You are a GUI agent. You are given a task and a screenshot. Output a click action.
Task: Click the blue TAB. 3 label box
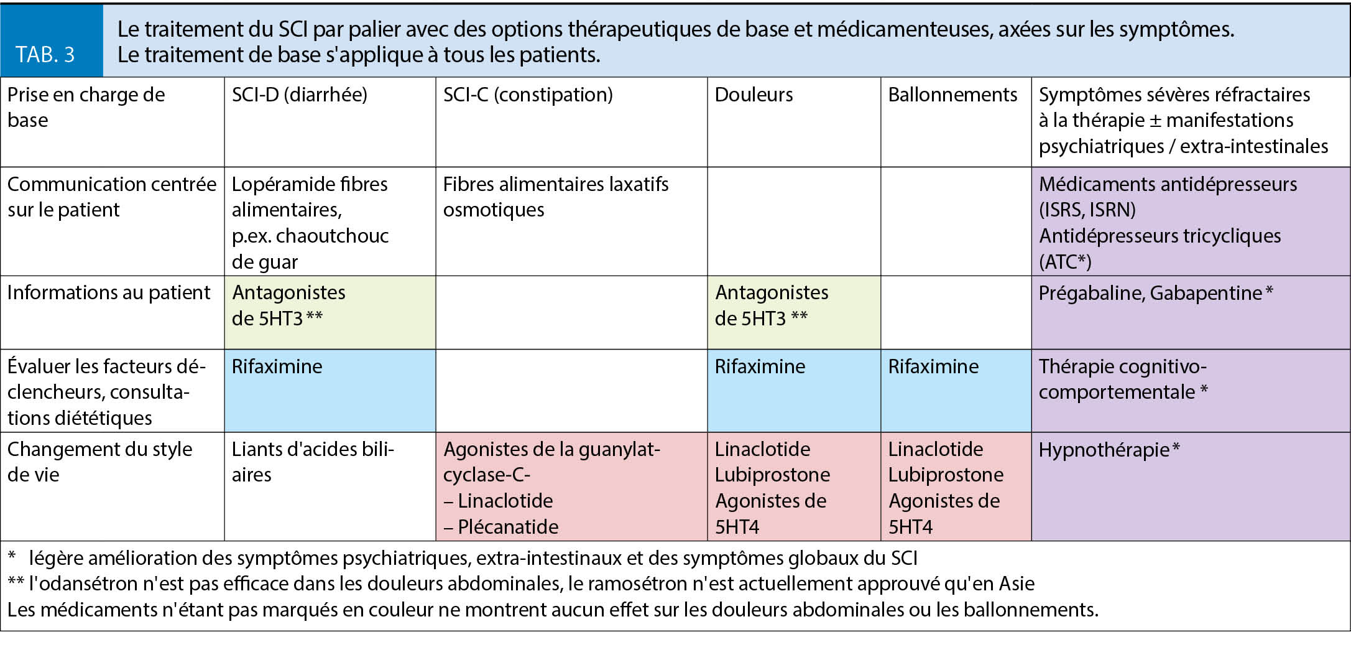(x=51, y=41)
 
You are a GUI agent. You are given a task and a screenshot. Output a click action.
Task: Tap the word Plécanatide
(x=508, y=527)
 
